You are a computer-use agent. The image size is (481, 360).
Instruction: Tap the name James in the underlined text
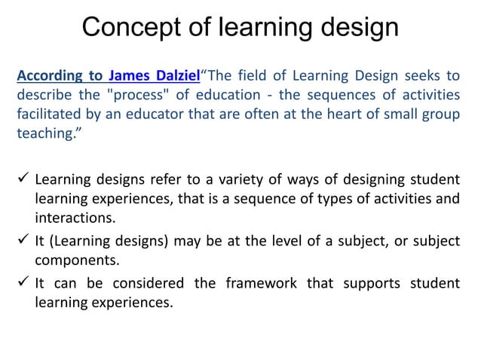coord(131,76)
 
